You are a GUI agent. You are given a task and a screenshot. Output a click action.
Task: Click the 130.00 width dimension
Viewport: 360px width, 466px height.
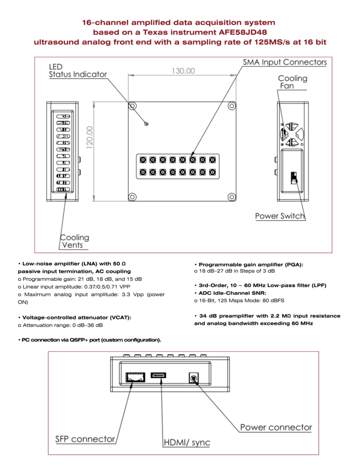click(x=183, y=71)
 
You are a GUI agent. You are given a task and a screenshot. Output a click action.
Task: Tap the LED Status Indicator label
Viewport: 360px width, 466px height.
click(x=78, y=71)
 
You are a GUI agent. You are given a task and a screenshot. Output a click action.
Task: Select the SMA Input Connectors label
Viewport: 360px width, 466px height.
click(x=284, y=62)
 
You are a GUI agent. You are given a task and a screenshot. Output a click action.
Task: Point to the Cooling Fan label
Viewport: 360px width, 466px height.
click(x=292, y=82)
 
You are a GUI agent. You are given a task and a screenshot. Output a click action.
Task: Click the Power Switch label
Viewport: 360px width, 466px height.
click(x=280, y=216)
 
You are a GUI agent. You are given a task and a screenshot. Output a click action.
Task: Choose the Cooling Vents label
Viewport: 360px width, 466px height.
click(x=75, y=241)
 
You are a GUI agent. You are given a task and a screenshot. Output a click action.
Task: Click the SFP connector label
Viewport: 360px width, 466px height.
click(x=85, y=439)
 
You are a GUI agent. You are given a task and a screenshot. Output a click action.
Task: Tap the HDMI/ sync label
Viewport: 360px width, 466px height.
click(x=187, y=442)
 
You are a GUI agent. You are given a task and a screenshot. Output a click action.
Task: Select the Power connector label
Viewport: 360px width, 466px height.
click(x=276, y=427)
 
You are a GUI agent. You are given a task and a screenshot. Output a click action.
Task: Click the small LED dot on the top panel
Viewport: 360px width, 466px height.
click(x=146, y=124)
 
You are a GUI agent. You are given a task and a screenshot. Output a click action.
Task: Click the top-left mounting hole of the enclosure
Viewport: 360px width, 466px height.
click(x=132, y=106)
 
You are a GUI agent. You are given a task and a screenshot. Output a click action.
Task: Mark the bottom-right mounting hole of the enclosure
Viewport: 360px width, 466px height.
click(x=232, y=197)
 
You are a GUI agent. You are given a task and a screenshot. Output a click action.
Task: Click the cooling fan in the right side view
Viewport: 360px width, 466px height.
click(x=291, y=132)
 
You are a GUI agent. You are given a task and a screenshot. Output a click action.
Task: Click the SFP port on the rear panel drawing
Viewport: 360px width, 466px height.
click(x=135, y=376)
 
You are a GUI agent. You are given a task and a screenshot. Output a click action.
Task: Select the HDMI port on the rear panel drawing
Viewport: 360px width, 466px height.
click(x=159, y=375)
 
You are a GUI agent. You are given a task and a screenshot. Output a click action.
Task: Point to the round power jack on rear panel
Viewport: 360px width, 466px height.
click(x=194, y=378)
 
